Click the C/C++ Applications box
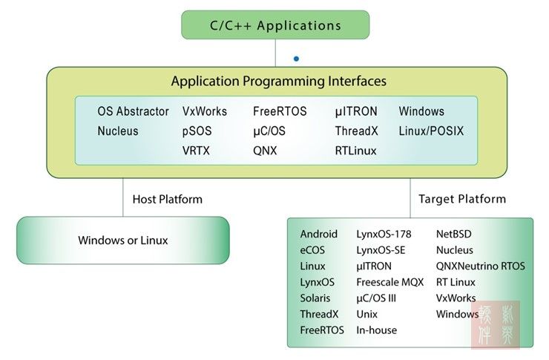tap(275, 25)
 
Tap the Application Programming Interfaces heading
tap(278, 81)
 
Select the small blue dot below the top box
tap(297, 58)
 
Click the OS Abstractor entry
tap(134, 112)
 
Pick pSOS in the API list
tap(197, 131)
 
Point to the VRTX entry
tap(197, 151)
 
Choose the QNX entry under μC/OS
tap(266, 151)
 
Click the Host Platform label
tap(167, 199)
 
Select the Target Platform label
tap(462, 199)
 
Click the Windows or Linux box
tap(123, 240)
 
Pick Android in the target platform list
tap(319, 234)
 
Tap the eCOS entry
tap(312, 250)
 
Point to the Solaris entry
tap(315, 298)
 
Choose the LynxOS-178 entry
tap(384, 234)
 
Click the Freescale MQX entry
tap(389, 282)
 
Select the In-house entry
tap(377, 330)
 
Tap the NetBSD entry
tap(455, 234)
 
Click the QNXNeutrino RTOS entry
tap(480, 266)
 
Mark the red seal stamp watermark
tap(496, 324)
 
